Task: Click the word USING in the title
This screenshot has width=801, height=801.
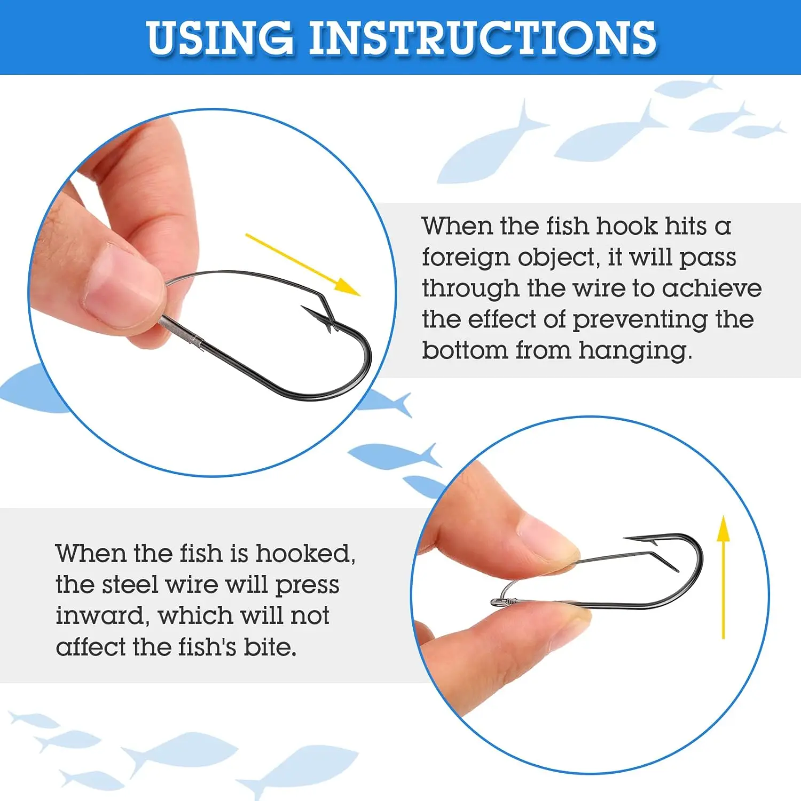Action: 220,38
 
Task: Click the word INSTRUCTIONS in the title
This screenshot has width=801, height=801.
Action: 483,38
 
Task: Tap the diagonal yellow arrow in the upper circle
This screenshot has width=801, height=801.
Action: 303,264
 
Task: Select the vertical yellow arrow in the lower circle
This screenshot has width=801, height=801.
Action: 723,577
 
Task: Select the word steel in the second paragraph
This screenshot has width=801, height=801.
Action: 130,584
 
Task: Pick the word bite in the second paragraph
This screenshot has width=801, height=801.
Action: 270,647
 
